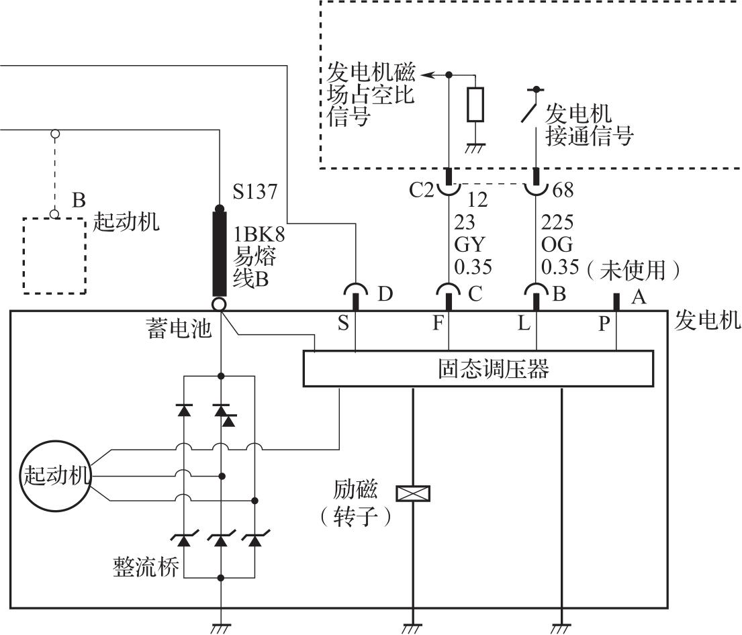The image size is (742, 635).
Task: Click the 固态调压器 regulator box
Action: coord(478,369)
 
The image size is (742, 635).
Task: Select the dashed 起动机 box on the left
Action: coord(54,255)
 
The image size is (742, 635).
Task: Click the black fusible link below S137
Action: coord(220,253)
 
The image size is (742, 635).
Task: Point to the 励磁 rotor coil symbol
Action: coord(413,494)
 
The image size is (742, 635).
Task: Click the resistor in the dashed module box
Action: coord(475,104)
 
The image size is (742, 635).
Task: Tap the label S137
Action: coord(255,193)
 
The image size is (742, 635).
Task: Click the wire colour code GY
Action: coord(469,244)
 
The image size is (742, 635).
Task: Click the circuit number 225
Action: coord(557,222)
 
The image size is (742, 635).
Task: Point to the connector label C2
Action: coord(423,190)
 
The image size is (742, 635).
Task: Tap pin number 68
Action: coord(563,191)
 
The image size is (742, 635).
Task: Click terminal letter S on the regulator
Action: coord(343,324)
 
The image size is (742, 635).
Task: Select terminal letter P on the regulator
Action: coord(604,324)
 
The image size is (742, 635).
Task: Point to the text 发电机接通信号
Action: coord(589,125)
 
